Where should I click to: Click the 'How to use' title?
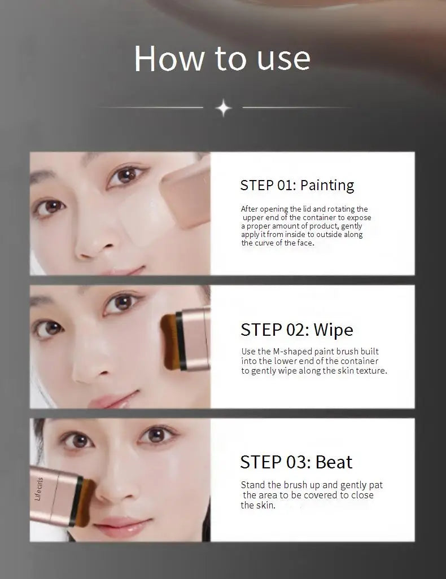click(x=222, y=58)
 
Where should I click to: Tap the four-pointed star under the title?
click(x=224, y=108)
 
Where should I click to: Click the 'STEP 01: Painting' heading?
click(x=297, y=185)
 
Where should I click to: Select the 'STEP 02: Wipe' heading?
click(x=296, y=330)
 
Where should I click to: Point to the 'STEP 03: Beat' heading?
click(x=296, y=462)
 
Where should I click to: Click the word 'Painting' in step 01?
click(x=327, y=185)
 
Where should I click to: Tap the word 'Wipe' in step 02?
click(x=333, y=330)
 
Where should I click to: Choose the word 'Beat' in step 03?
click(x=334, y=462)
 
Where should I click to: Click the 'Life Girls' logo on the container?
click(x=39, y=489)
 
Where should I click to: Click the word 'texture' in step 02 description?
click(x=370, y=371)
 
